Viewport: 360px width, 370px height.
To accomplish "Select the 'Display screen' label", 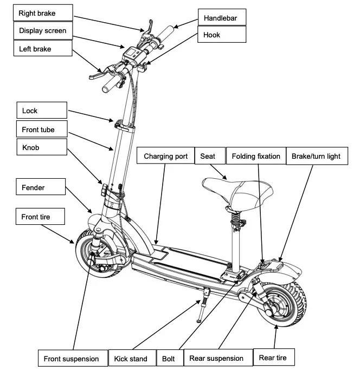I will pos(42,31).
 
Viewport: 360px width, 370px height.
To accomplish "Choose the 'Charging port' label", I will pos(165,157).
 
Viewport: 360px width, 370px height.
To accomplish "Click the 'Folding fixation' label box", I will pos(255,157).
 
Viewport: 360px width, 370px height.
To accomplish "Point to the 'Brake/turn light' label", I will pos(316,157).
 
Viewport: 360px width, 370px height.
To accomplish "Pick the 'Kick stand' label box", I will pos(131,359).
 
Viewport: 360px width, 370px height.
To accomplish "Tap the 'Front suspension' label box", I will pos(71,359).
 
